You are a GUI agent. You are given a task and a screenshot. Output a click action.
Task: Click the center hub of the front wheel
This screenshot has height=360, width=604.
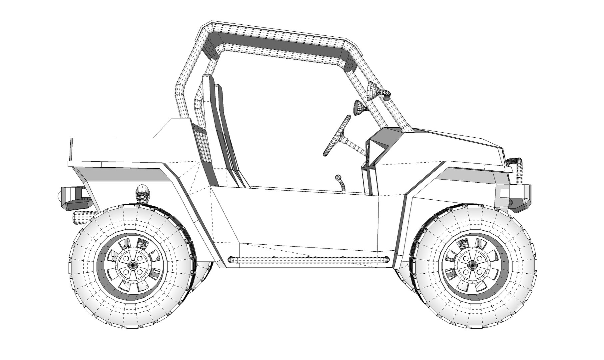471,265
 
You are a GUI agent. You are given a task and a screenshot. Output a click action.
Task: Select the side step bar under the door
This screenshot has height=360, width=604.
308,260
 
